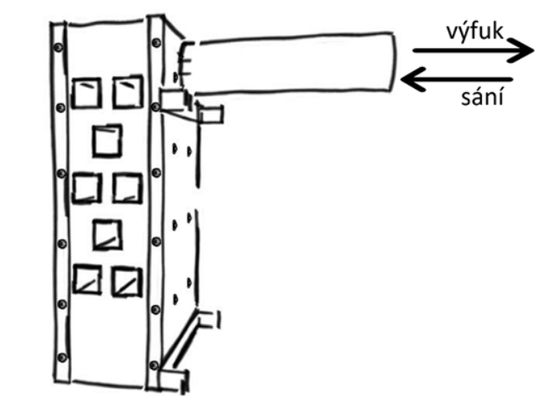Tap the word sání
pyautogui.click(x=483, y=97)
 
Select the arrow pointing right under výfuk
pyautogui.click(x=470, y=52)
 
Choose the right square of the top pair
pyautogui.click(x=126, y=92)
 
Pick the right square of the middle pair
pyautogui.click(x=126, y=187)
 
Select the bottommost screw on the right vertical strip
pyautogui.click(x=154, y=364)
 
